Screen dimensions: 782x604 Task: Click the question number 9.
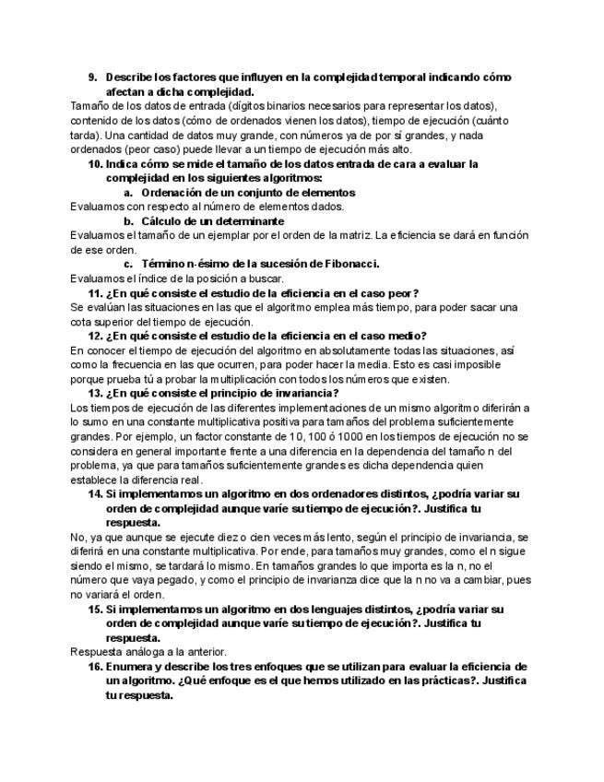click(93, 77)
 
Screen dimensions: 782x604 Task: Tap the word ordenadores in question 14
click(305, 494)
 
